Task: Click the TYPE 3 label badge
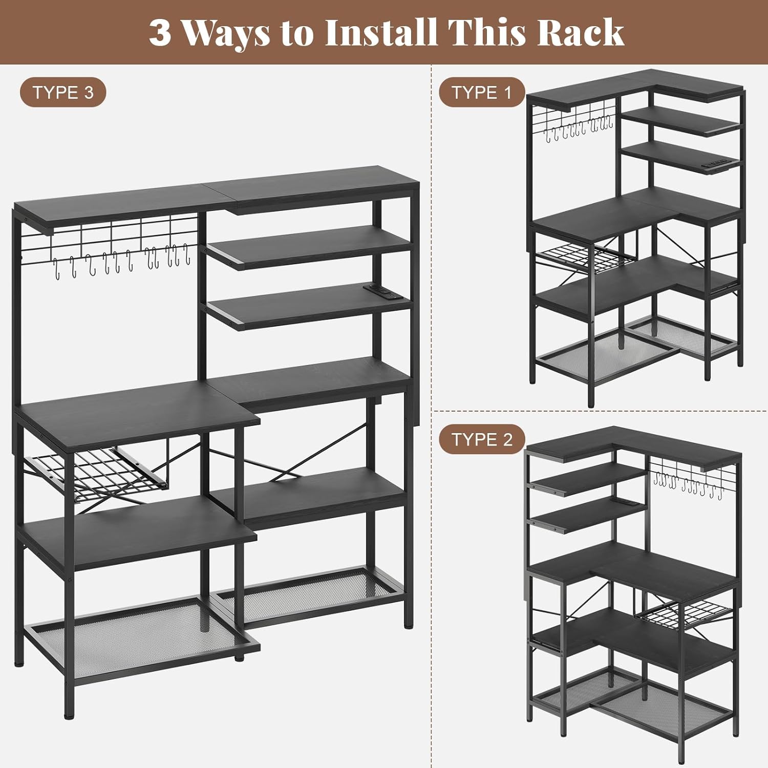click(x=63, y=93)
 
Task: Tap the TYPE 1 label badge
click(x=482, y=92)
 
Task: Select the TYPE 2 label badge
click(x=482, y=439)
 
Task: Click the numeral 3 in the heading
click(x=160, y=32)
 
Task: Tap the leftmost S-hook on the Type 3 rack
click(x=56, y=269)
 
